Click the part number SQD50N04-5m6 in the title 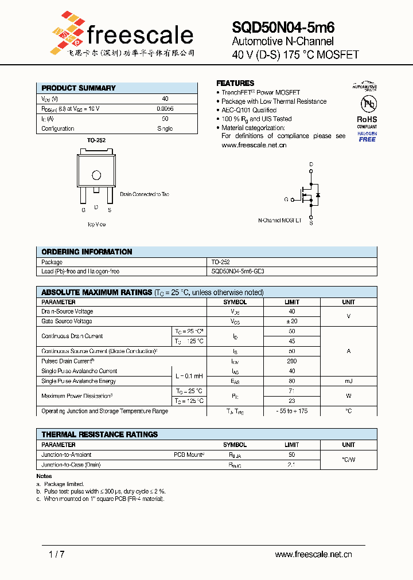(283, 27)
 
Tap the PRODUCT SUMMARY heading (79, 88)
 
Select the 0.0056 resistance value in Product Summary (165, 108)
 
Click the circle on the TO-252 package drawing (96, 175)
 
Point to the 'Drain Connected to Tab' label (145, 194)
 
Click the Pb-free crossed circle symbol (367, 104)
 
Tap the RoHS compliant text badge (367, 122)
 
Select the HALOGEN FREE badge (367, 136)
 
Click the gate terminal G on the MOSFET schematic (286, 199)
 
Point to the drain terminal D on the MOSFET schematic (311, 164)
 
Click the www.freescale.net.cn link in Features (254, 146)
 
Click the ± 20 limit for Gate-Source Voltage (291, 322)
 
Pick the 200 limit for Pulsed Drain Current (291, 361)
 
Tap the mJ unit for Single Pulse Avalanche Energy (348, 381)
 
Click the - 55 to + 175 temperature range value (291, 411)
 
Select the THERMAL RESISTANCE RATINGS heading (99, 434)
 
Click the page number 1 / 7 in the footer (57, 554)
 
